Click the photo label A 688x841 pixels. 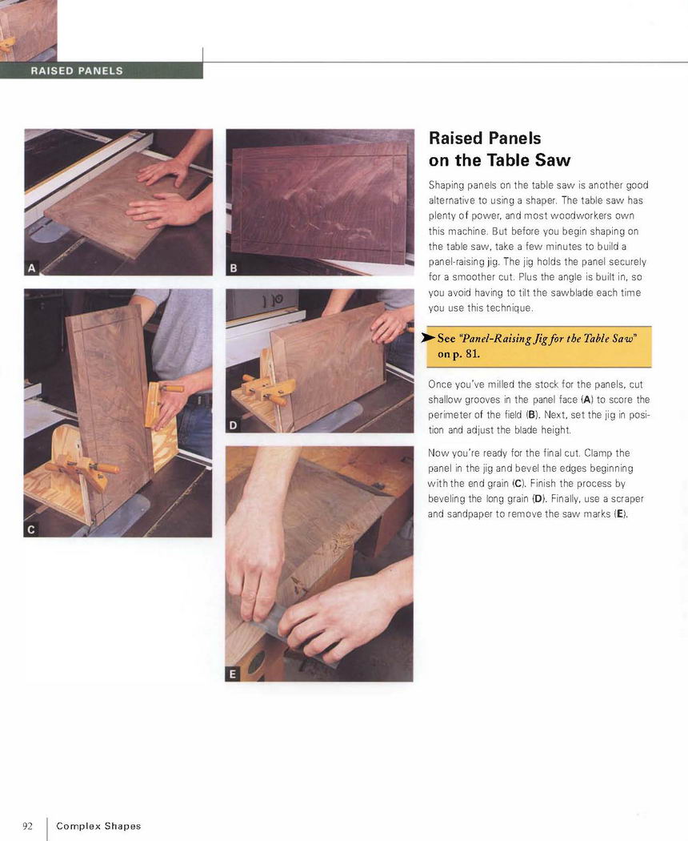[x=32, y=268]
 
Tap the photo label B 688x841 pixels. [x=233, y=268]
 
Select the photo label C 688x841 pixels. [x=31, y=529]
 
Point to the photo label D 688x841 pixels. [x=233, y=425]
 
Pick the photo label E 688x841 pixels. [x=233, y=674]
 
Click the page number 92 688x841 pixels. [x=27, y=826]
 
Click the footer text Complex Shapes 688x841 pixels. [x=98, y=826]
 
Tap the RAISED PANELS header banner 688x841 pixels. [x=102, y=70]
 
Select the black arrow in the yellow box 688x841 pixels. [x=429, y=337]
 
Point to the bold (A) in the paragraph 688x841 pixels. [x=587, y=400]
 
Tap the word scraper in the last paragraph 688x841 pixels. [x=627, y=499]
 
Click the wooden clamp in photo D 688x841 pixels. [x=270, y=388]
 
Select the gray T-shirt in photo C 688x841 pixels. [x=177, y=336]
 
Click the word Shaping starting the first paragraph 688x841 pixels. [x=446, y=186]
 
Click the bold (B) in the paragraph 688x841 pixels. [x=533, y=415]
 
